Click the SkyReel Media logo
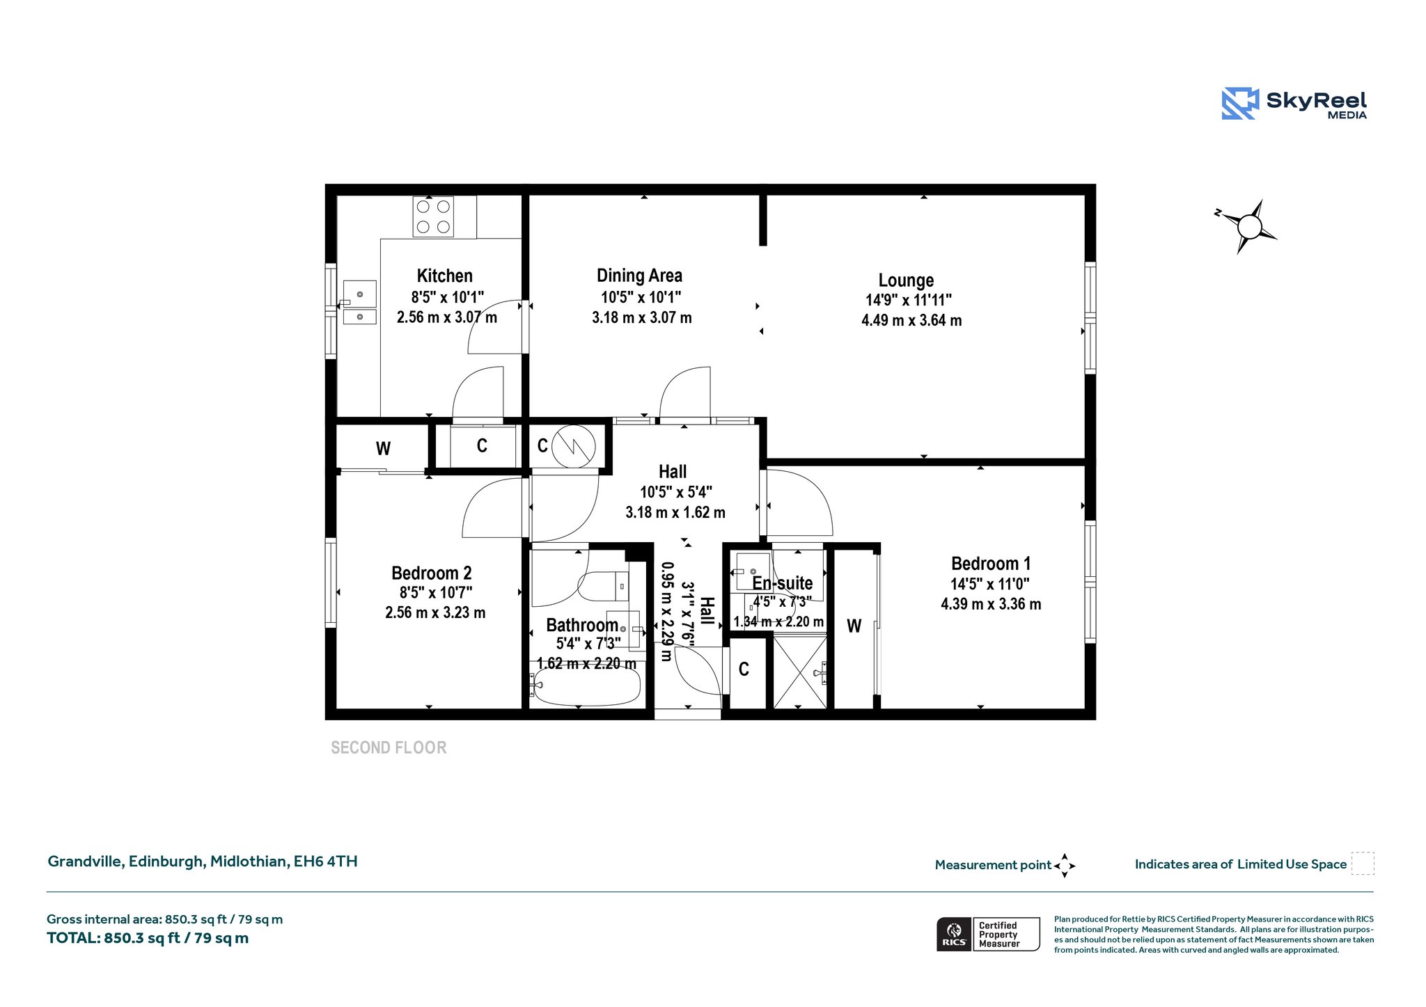coord(1294,104)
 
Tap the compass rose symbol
coord(1248,227)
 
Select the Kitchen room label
coord(444,276)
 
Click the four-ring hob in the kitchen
coord(432,216)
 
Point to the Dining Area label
coord(639,276)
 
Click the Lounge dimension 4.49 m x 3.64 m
coord(911,320)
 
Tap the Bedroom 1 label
coord(991,563)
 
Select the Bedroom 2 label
coord(432,573)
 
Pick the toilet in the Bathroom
coord(603,586)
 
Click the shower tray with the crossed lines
coord(800,672)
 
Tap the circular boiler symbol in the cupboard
coord(574,446)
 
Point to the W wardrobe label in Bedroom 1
coord(854,626)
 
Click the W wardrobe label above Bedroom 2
coord(383,449)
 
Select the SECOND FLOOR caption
coord(389,747)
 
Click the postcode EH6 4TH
coord(325,862)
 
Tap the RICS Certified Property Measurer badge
coord(988,934)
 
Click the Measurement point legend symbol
coord(1065,866)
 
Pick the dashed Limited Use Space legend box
coord(1363,863)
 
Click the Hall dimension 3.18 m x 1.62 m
coord(675,512)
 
